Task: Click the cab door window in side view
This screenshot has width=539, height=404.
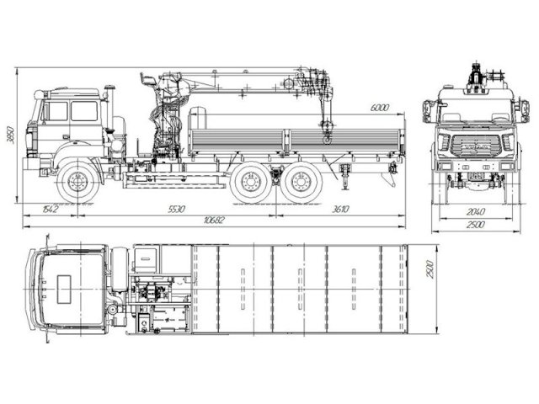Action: coord(83,111)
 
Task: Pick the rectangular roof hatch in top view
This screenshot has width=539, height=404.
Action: coord(62,288)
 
